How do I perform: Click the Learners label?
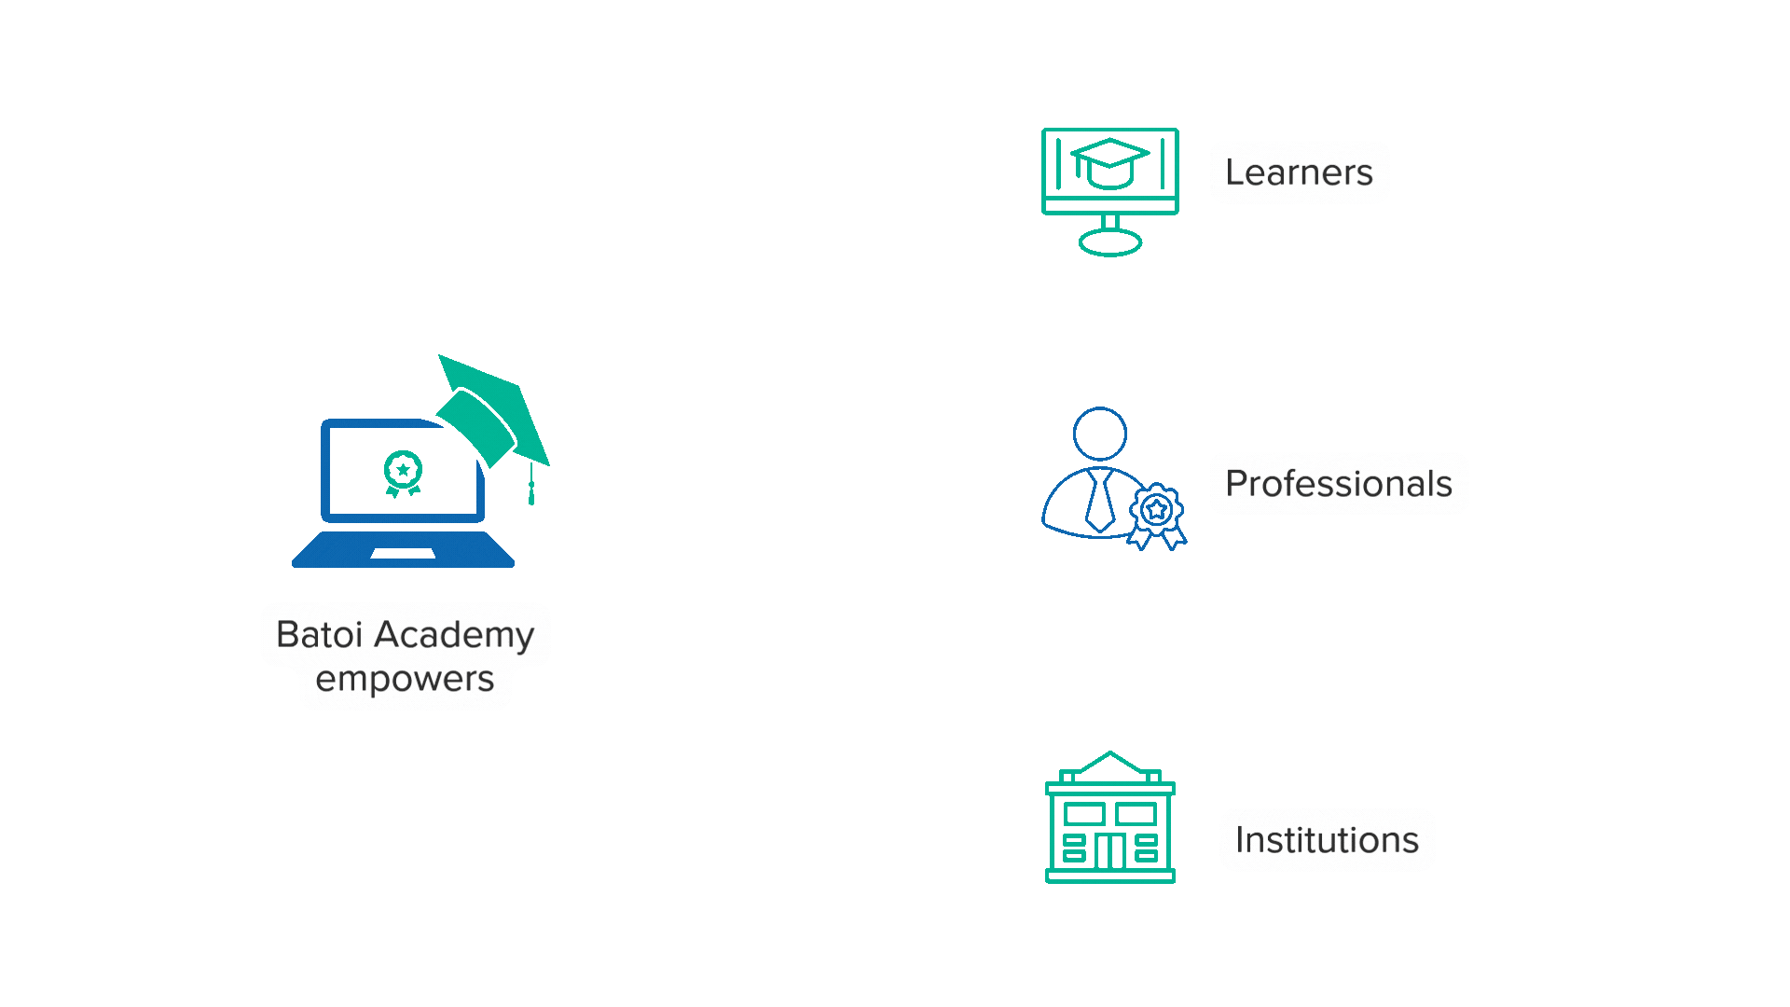[1299, 172]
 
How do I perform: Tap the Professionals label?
[1338, 484]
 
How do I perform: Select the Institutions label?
[1327, 840]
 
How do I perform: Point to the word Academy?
[454, 636]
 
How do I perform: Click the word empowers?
[405, 680]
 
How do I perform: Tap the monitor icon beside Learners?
[1109, 191]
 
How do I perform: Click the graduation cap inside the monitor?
[1109, 162]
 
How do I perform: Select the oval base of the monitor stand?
[1109, 243]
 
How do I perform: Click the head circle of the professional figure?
[1100, 434]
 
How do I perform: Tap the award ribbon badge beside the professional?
[1157, 514]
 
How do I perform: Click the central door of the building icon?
[1109, 850]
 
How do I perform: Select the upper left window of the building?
[1083, 814]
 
